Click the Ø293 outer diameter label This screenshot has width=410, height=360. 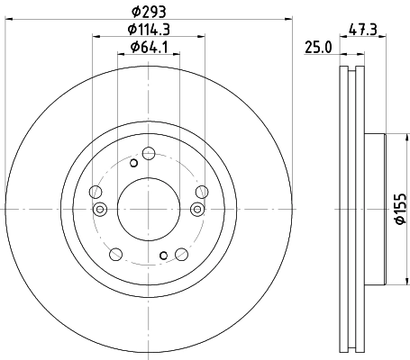150,11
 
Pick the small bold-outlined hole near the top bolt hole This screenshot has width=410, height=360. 133,163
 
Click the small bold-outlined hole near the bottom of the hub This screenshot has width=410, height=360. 163,255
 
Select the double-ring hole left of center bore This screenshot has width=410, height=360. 101,209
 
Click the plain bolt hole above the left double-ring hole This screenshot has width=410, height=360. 96,191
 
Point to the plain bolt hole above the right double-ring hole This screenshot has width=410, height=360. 202,191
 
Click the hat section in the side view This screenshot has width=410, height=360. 375,209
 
